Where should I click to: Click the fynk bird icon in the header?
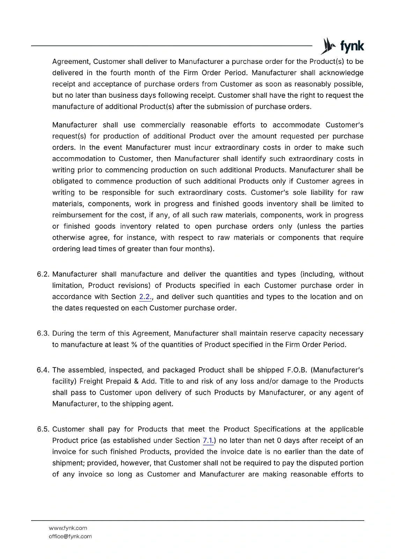point(328,46)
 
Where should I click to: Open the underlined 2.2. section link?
point(145,297)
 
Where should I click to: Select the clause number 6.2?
point(43,274)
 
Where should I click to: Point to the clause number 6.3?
point(43,333)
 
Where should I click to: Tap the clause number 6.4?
point(43,370)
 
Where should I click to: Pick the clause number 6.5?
point(43,429)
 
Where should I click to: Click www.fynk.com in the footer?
point(68,528)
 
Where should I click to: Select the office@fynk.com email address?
point(70,536)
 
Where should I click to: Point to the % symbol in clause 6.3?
point(134,345)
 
